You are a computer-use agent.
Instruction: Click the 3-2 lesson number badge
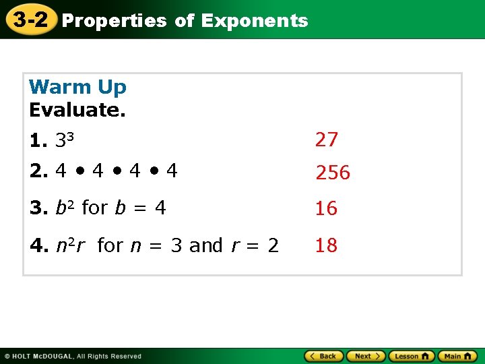pos(30,20)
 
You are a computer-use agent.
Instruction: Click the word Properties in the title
pos(114,21)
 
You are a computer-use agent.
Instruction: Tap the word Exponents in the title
pos(254,21)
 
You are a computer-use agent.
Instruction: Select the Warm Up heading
pos(78,87)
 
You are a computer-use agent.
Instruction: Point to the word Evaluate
pos(77,110)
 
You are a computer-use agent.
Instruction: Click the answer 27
pos(327,140)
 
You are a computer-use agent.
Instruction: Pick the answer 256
pos(333,173)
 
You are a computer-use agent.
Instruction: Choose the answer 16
pos(326,209)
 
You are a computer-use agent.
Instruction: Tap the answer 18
pos(326,245)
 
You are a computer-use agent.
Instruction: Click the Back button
pos(324,356)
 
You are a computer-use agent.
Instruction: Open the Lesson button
pos(412,356)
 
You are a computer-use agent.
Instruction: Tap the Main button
pos(457,356)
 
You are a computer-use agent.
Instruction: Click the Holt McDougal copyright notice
pos(73,356)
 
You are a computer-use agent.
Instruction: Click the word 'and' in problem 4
pos(205,245)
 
